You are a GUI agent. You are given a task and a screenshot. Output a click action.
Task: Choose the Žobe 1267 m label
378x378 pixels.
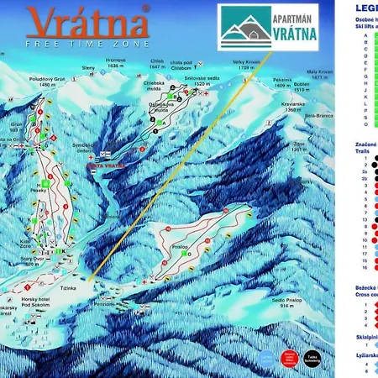(302, 145)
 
